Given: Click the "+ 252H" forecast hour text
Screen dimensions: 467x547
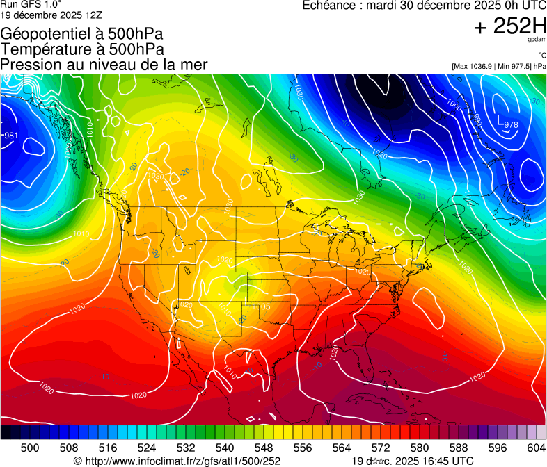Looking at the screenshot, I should pyautogui.click(x=510, y=27).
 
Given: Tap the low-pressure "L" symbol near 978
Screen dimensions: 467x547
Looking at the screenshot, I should pyautogui.click(x=500, y=119).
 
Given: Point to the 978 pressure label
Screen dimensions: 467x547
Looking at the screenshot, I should pyautogui.click(x=511, y=125).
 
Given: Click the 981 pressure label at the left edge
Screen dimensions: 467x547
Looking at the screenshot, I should pyautogui.click(x=10, y=136).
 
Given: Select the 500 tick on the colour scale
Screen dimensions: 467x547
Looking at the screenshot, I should pyautogui.click(x=30, y=447).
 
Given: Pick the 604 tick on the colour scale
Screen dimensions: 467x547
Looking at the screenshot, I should pyautogui.click(x=536, y=447).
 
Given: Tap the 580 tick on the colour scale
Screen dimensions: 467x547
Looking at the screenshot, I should pyautogui.click(x=419, y=447).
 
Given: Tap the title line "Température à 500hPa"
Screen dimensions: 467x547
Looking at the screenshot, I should pyautogui.click(x=82, y=49).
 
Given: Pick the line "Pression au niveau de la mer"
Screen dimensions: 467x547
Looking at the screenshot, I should pyautogui.click(x=104, y=65).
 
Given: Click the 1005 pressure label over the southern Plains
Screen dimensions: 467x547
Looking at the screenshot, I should pyautogui.click(x=262, y=306).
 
